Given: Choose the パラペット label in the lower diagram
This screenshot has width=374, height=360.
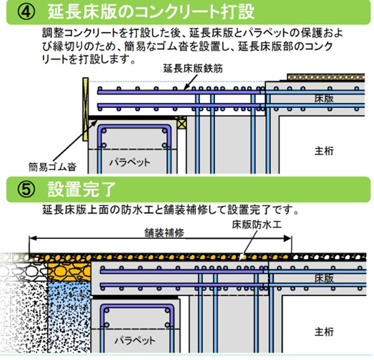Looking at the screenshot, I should click(x=134, y=340).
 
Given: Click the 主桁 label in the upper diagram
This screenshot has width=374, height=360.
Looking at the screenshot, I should click(x=323, y=151).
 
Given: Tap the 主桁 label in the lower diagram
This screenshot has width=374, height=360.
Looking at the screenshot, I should click(x=325, y=330).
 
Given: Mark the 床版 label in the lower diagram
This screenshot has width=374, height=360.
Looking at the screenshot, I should click(x=320, y=278).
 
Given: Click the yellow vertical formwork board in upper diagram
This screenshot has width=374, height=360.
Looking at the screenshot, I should click(x=85, y=105).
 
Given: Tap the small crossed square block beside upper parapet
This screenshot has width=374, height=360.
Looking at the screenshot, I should click(x=182, y=123).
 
